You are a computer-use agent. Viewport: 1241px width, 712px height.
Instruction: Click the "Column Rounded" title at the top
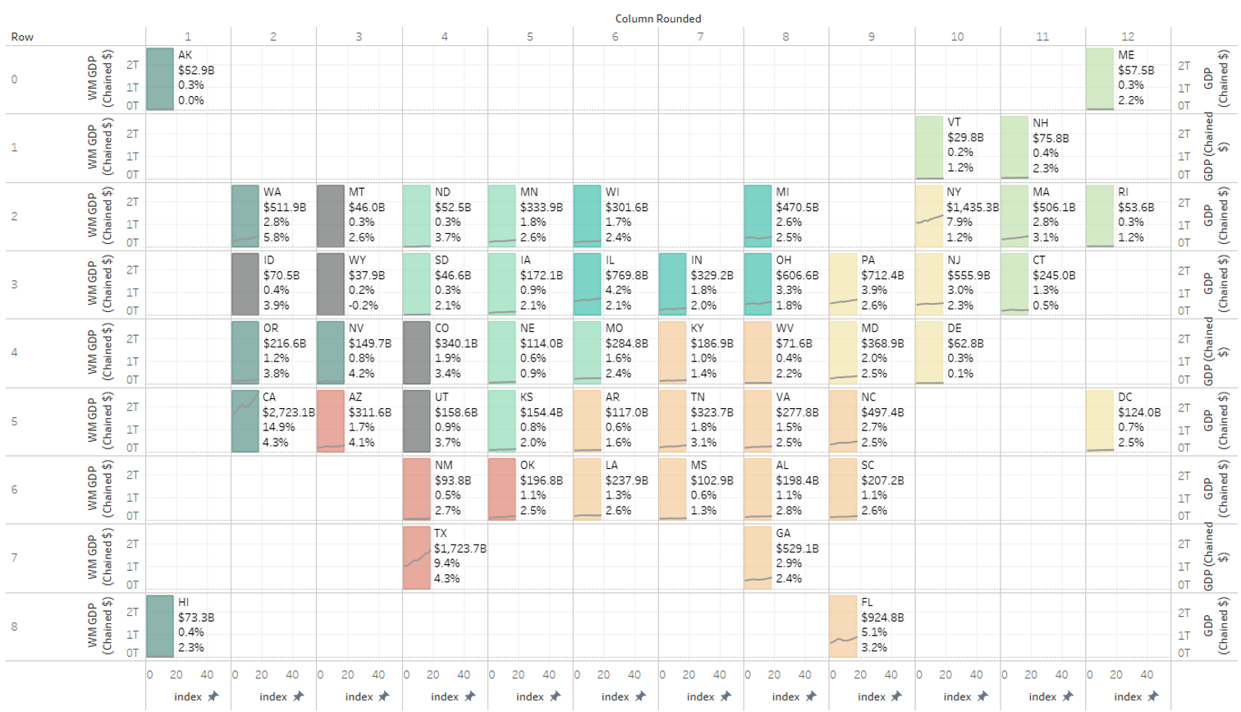(x=657, y=18)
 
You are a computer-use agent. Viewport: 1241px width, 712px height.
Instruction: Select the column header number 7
(x=700, y=36)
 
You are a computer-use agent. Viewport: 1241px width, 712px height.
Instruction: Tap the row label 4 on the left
(x=14, y=352)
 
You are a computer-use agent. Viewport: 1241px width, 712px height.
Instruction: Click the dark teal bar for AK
(x=160, y=79)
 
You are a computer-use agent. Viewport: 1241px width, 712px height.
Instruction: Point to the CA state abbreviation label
(x=269, y=397)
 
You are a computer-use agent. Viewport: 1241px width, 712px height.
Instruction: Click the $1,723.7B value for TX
(x=460, y=549)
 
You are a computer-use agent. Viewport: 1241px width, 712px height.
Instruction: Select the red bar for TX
(x=417, y=558)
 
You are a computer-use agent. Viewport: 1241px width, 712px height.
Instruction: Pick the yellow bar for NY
(x=929, y=216)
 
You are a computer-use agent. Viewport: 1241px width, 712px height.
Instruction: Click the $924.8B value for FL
(x=882, y=618)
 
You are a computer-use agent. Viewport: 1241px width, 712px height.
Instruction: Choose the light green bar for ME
(x=1100, y=79)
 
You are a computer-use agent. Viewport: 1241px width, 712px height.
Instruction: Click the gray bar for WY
(x=331, y=284)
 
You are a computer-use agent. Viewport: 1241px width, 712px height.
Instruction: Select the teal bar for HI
(x=160, y=626)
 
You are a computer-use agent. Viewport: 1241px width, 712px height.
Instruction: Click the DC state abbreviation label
(x=1126, y=397)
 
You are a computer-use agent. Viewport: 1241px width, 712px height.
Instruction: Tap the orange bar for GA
(x=758, y=558)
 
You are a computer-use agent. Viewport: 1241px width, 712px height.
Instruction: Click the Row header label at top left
(x=22, y=37)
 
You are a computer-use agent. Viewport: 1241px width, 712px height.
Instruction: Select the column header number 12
(x=1128, y=36)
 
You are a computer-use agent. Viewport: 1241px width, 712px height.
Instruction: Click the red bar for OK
(x=502, y=489)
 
